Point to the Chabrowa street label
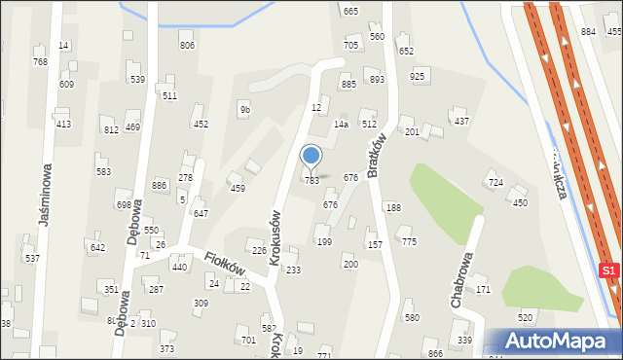(461, 276)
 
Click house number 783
(311, 181)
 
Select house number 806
(187, 46)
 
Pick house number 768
(40, 62)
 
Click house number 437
(461, 121)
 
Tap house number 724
(495, 183)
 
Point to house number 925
(418, 76)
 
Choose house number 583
(103, 171)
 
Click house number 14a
(341, 125)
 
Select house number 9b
(245, 110)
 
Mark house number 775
(409, 241)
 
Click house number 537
(32, 259)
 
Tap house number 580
(412, 318)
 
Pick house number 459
(237, 188)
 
